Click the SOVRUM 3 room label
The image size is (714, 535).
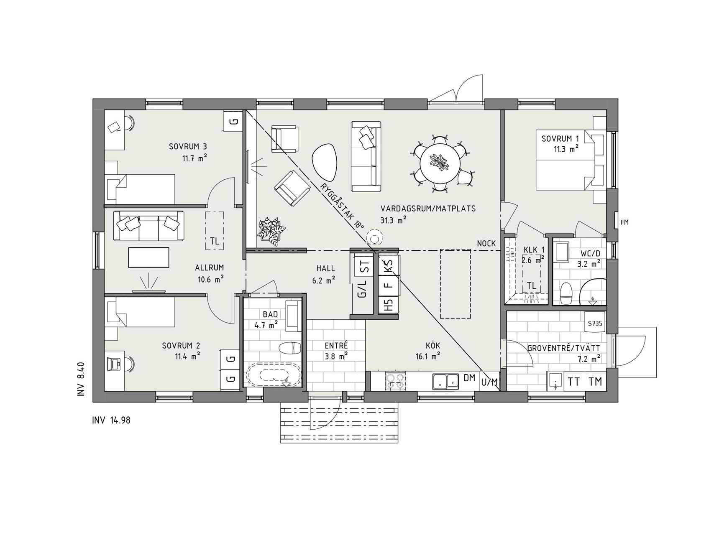pyautogui.click(x=188, y=147)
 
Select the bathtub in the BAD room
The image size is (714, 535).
pyautogui.click(x=273, y=374)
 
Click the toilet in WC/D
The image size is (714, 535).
pyautogui.click(x=566, y=293)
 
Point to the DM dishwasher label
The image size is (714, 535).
pyautogui.click(x=469, y=378)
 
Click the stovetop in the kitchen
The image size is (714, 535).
pyautogui.click(x=395, y=380)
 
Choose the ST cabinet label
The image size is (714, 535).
pyautogui.click(x=364, y=267)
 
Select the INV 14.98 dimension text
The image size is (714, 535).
pyautogui.click(x=111, y=420)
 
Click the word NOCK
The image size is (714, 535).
pyautogui.click(x=486, y=243)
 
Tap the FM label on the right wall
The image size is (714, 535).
pyautogui.click(x=624, y=222)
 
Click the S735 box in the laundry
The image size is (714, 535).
pyautogui.click(x=595, y=323)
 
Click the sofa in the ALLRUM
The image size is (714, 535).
pyautogui.click(x=148, y=226)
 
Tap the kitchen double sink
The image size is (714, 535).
pyautogui.click(x=446, y=381)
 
